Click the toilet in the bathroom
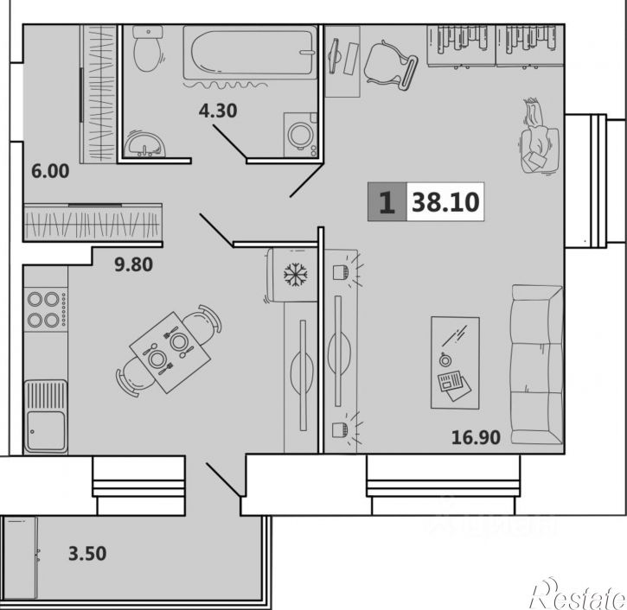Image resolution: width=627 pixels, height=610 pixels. tap(148, 48)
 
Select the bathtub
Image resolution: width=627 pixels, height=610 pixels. tap(250, 53)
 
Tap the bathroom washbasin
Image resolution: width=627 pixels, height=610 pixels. tap(144, 144)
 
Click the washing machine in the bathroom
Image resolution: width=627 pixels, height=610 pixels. tap(300, 135)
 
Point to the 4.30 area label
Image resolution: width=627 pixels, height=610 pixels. tap(218, 111)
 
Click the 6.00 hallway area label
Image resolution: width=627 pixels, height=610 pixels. tap(50, 171)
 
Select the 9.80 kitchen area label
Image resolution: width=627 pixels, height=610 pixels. tap(133, 264)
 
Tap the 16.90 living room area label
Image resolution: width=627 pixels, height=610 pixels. tap(476, 437)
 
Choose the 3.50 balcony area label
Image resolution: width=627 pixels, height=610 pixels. tap(87, 554)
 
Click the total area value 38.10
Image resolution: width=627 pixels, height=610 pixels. tap(445, 201)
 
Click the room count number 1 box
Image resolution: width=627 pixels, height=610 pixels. tap(387, 201)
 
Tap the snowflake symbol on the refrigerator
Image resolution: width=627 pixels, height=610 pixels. tap(296, 275)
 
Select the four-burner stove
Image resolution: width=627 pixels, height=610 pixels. tap(46, 309)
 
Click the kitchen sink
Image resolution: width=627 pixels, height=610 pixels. tap(46, 416)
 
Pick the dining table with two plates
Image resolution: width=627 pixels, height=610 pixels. tap(170, 352)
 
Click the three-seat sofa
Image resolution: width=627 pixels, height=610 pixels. tap(537, 365)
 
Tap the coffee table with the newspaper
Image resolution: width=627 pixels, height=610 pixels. tap(455, 363)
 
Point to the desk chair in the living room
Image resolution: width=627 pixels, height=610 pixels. tap(391, 66)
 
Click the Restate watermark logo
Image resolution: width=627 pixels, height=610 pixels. tap(577, 594)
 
